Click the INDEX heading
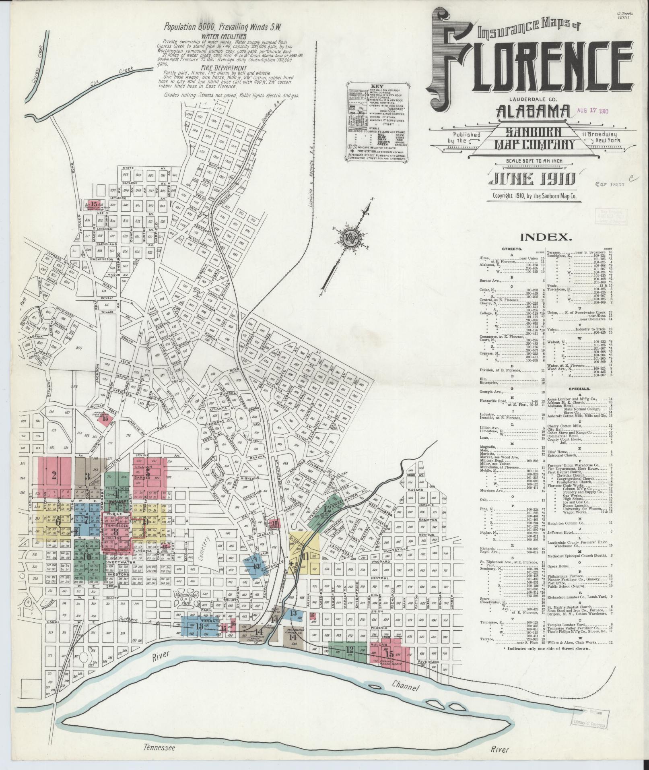[545, 237]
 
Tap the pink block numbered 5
[148, 474]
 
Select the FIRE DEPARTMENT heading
[219, 68]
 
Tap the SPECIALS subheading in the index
[579, 389]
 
